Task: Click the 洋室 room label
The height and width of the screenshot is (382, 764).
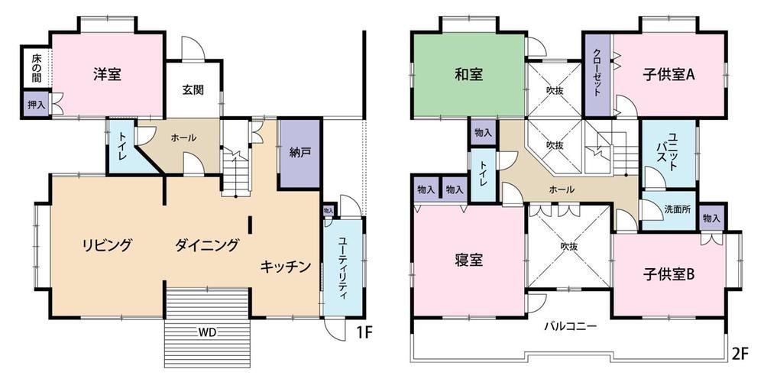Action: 107,75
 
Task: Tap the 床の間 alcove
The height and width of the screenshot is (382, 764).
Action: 37,68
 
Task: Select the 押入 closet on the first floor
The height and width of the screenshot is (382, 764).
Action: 36,104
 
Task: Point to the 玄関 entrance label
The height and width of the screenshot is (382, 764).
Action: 193,90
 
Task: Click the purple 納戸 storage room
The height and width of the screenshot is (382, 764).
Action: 299,153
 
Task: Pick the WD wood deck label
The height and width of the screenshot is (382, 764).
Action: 207,333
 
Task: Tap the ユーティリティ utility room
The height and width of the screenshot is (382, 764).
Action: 343,267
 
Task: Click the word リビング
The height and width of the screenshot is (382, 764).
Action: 107,244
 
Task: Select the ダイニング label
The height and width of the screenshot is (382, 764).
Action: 207,244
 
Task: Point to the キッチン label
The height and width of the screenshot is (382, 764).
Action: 286,266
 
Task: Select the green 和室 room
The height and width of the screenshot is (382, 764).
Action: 469,75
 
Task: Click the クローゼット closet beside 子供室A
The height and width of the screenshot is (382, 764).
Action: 597,75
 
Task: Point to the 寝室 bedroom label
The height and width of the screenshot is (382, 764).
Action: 469,261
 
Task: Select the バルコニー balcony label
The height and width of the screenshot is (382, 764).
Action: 570,326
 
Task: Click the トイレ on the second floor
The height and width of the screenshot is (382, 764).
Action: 484,175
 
